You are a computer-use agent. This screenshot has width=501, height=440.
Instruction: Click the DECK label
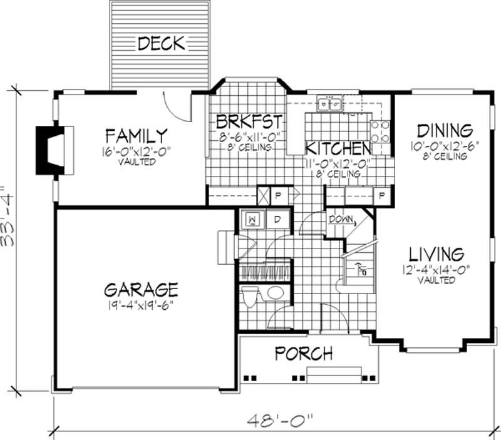161,44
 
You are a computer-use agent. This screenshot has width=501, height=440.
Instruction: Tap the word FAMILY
136,135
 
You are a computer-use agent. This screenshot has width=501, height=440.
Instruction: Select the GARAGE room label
141,290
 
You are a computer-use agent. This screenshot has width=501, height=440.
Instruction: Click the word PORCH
303,354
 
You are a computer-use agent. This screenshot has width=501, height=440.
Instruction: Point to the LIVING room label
436,255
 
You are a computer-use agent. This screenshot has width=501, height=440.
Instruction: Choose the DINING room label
445,131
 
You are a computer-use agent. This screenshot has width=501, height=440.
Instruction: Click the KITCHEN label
337,149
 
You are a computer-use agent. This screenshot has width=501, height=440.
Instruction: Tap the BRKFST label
249,121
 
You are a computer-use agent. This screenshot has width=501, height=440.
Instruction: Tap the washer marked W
254,220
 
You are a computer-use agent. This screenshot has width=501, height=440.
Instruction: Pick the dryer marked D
277,220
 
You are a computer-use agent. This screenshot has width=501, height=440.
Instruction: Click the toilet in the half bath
250,296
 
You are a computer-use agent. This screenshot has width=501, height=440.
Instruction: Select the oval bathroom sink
276,293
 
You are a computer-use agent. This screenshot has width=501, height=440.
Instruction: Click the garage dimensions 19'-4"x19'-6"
141,305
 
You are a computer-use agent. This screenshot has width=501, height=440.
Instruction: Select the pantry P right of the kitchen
380,196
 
